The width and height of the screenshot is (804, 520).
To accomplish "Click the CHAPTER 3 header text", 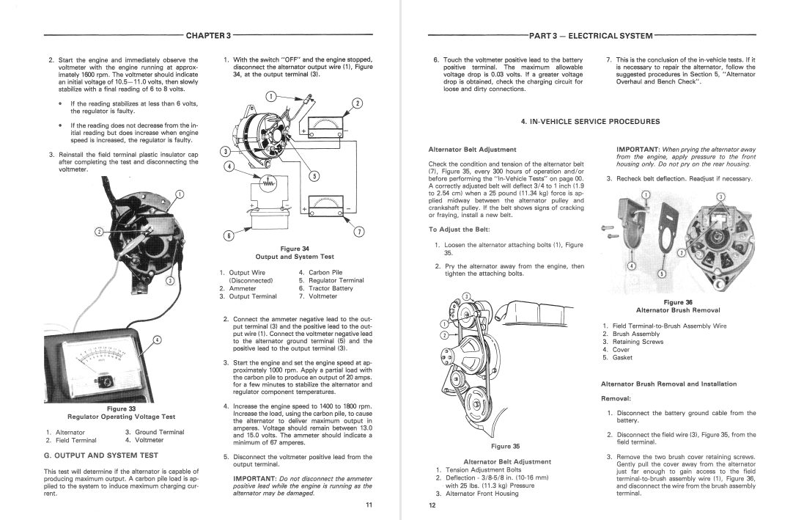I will pyautogui.click(x=208, y=34).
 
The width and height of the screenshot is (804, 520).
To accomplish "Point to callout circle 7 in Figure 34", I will pyautogui.click(x=359, y=232).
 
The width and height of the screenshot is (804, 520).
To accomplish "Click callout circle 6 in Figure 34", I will pyautogui.click(x=228, y=235).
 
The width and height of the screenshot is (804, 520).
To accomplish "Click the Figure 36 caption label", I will pyautogui.click(x=678, y=302).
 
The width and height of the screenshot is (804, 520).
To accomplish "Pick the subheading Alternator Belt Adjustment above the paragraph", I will pyautogui.click(x=467, y=150).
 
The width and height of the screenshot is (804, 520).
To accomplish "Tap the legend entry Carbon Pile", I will pyautogui.click(x=325, y=272).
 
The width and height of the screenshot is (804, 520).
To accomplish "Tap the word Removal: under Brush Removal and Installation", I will pyautogui.click(x=617, y=398).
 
